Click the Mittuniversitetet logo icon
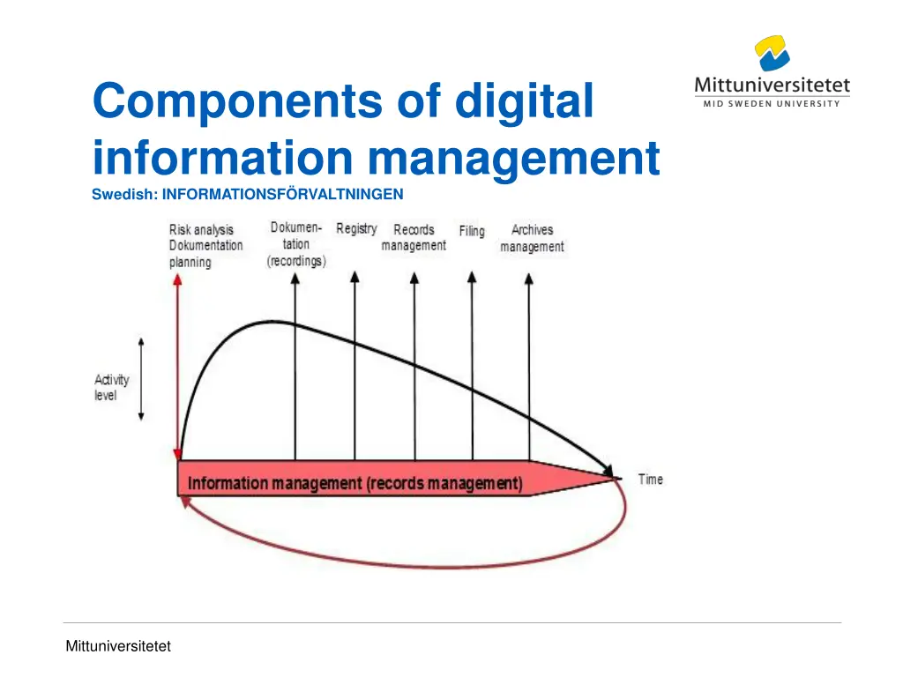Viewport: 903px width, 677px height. pos(771,53)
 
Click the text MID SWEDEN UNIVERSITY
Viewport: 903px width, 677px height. pos(772,104)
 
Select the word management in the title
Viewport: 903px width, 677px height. pos(513,159)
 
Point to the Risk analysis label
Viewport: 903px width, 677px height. pos(202,230)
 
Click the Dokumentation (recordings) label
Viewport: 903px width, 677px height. pos(296,244)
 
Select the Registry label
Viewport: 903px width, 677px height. pos(356,229)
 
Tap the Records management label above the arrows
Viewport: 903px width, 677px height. pos(414,238)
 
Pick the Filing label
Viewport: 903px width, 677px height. pos(472,231)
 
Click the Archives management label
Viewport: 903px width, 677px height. pos(532,238)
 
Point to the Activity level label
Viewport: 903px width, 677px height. pos(112,388)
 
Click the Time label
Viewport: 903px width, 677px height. pos(650,480)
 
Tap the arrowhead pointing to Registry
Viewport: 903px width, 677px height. pos(354,277)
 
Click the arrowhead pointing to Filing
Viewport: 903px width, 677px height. pos(472,277)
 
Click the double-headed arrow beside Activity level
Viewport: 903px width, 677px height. pos(141,379)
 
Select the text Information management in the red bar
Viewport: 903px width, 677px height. pos(273,483)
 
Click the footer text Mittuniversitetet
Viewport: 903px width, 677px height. pos(118,646)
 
